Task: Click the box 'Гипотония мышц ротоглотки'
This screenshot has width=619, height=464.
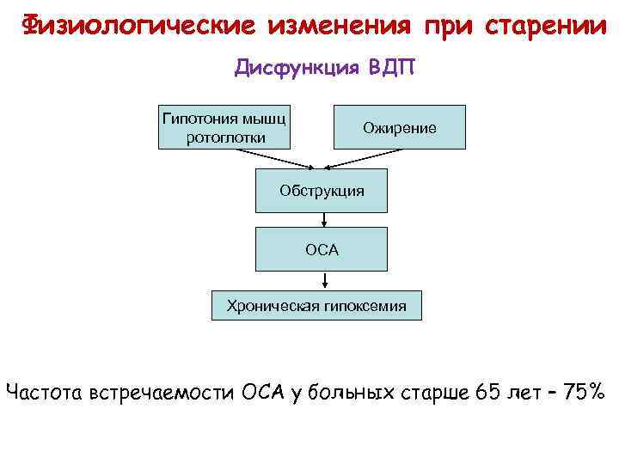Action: click(225, 127)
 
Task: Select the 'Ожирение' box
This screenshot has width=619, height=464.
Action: click(399, 127)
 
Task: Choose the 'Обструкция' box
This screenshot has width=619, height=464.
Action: click(322, 190)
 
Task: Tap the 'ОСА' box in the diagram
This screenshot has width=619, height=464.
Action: click(322, 249)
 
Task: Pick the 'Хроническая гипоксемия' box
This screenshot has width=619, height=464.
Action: click(316, 304)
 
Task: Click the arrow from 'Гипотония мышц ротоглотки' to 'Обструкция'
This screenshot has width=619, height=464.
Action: click(275, 159)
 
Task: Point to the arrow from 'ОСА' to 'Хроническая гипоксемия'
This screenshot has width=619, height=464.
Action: click(326, 280)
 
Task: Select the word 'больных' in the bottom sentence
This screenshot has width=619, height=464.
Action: click(359, 393)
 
